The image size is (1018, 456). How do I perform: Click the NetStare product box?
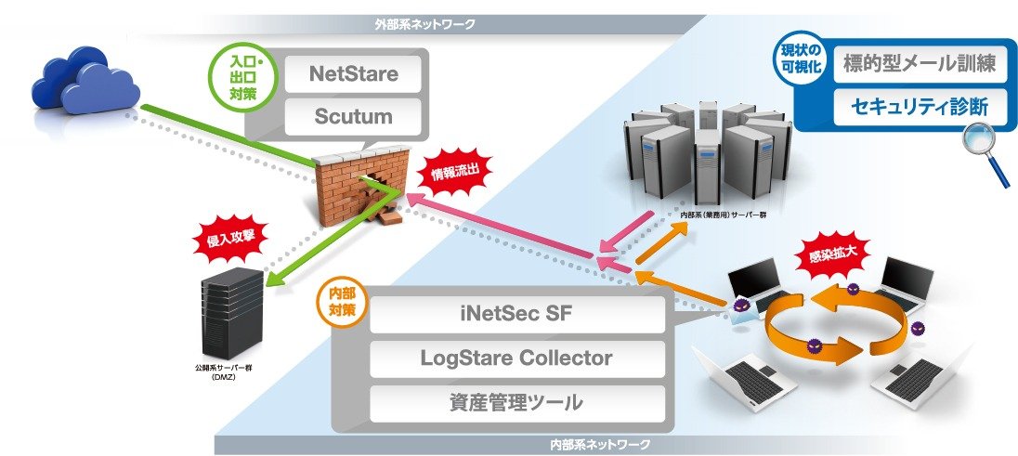353,73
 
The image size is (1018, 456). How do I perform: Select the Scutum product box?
353,117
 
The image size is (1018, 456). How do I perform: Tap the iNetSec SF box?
517,315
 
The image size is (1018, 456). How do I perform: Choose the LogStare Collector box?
517,358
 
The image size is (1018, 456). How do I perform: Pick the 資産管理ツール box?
517,403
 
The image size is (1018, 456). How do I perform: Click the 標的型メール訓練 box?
920,64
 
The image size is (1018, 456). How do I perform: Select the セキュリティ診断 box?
920,107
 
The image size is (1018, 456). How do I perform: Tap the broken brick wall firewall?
361,185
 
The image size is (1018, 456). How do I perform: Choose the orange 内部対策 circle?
344,302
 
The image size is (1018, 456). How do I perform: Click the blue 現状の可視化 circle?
801,59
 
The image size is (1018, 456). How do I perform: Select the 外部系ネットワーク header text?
424,25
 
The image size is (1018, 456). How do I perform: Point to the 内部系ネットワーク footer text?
599,445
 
